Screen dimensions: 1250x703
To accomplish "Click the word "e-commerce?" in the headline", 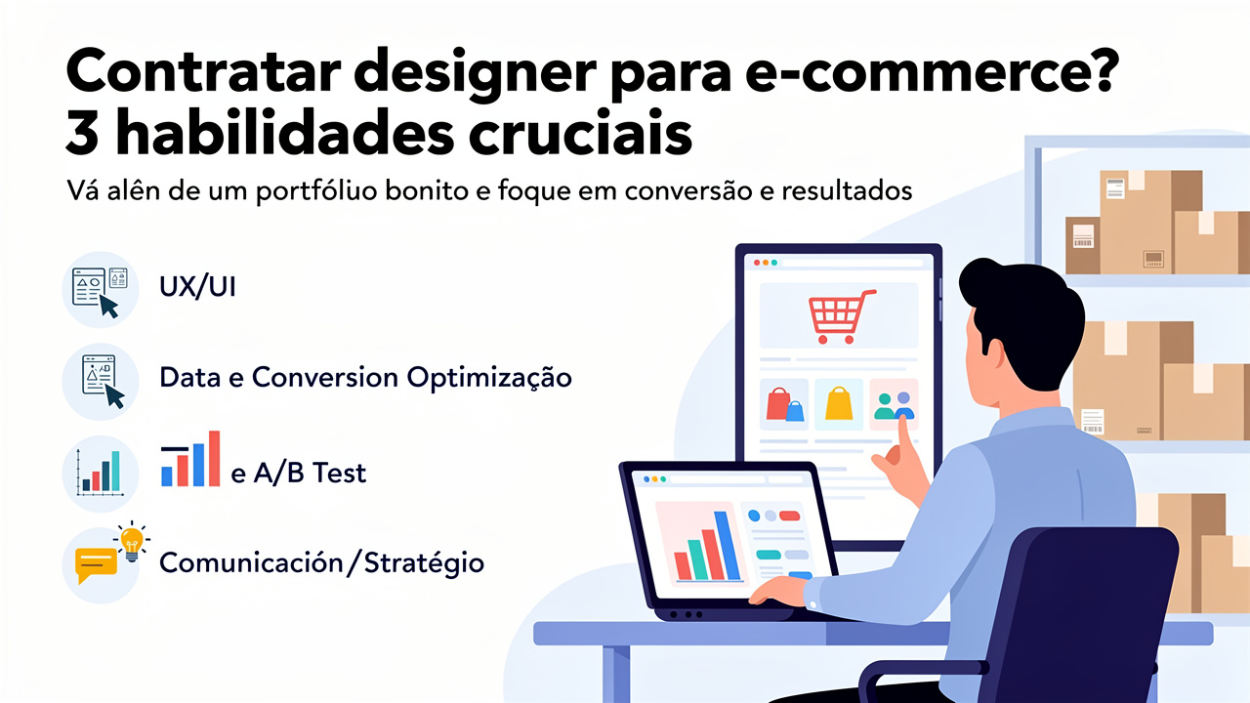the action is [932, 72].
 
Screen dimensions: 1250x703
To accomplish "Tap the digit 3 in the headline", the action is [82, 134].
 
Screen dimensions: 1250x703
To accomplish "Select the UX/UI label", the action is [197, 287].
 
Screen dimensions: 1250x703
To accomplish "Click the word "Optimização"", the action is [489, 378].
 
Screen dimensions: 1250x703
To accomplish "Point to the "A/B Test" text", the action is [310, 473].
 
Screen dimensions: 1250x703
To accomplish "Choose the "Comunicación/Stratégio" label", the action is [321, 562].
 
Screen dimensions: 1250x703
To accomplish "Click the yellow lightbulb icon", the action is [132, 542].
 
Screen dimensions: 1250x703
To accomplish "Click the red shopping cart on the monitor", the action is [842, 315].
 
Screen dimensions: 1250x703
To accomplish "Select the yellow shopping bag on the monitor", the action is [839, 404].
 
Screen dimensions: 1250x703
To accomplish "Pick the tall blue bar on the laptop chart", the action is [727, 546].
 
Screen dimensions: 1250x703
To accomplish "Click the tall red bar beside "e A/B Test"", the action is [214, 458].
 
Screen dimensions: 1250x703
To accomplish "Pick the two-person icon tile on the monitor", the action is [894, 404].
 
